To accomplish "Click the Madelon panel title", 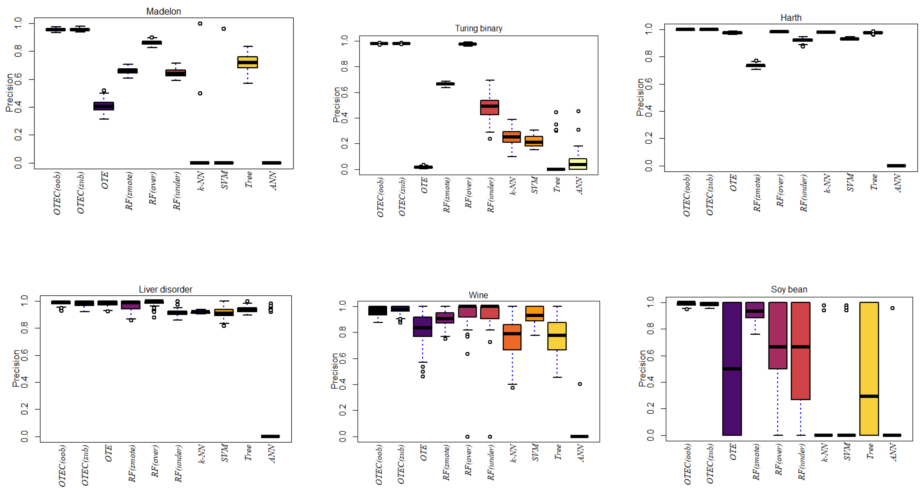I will (x=163, y=12).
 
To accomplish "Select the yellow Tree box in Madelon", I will (x=247, y=62).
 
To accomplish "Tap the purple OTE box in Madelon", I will (x=104, y=106).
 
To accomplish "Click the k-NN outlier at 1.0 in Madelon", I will (x=200, y=24).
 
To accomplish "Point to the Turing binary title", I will (x=478, y=28).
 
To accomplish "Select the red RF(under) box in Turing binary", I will (x=489, y=107).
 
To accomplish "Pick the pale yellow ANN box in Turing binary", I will (x=578, y=164).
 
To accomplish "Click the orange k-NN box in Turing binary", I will (x=512, y=137).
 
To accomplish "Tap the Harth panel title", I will (x=791, y=18).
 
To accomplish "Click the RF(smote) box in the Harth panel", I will (x=756, y=65).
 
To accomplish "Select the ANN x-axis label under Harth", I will (x=898, y=183).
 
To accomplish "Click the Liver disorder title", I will (x=165, y=289).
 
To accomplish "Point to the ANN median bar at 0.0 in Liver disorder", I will (x=270, y=436).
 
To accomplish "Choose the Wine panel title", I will (x=478, y=295).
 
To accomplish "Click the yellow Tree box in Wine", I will (x=557, y=336).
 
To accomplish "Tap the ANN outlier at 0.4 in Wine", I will (x=580, y=384).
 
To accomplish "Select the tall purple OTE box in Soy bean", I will (x=732, y=369).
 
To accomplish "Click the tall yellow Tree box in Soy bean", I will (x=869, y=369).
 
